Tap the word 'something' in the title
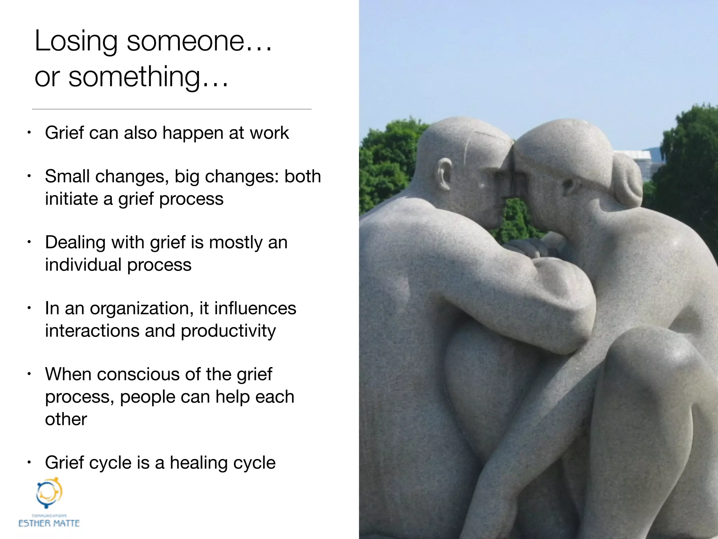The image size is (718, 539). coord(135,77)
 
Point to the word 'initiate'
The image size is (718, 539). coord(72,199)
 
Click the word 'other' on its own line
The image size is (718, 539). coord(66,419)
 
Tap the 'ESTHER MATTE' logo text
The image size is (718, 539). coord(49,523)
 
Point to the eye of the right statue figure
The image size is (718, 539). coord(568,184)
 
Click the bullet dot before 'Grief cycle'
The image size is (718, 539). coord(30,463)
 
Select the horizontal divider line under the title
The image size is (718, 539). coord(172,109)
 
